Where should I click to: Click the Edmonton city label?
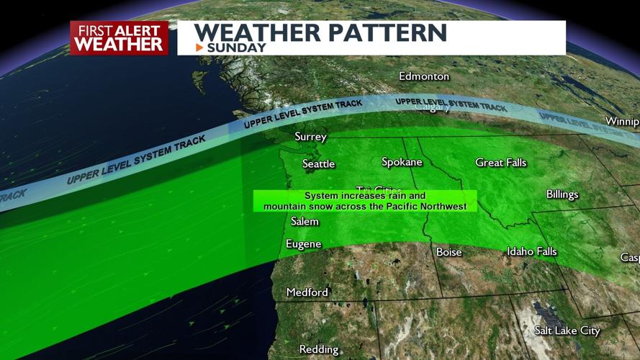424,76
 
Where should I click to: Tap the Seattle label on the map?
318,164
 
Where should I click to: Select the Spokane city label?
402,162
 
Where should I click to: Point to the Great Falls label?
500,163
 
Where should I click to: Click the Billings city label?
562,194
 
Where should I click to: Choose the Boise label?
449,252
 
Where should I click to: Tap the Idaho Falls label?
531,251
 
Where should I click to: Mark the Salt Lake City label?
567,330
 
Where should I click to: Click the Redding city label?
318,349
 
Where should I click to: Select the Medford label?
307,292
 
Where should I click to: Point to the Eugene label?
302,244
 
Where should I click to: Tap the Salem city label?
305,221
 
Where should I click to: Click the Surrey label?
310,137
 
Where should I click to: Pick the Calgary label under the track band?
433,108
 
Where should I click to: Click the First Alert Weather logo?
119,37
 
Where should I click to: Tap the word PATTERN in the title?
383,32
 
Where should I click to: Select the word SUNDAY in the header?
236,48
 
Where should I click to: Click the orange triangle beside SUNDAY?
199,48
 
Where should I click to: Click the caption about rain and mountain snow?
365,201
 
